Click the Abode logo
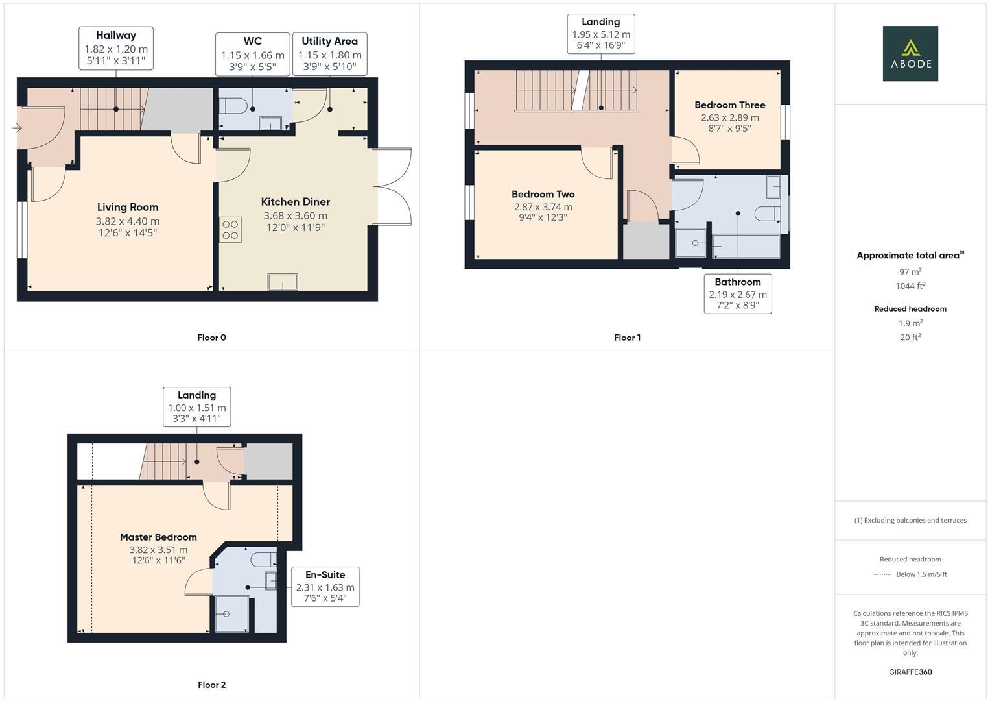(x=910, y=54)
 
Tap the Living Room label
(x=128, y=207)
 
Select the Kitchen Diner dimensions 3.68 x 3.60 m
(x=295, y=215)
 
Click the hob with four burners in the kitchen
(x=230, y=230)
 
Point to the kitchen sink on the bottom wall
(x=283, y=281)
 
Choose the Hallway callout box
(x=116, y=49)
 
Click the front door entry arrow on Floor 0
(x=17, y=129)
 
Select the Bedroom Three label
(x=729, y=105)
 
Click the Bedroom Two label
(x=543, y=194)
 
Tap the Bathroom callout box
(x=738, y=294)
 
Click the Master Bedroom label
(x=158, y=537)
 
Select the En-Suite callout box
(x=325, y=587)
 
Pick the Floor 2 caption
(x=211, y=685)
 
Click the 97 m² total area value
(x=910, y=272)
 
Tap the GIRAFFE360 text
(x=910, y=672)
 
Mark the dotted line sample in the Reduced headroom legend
(x=882, y=574)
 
